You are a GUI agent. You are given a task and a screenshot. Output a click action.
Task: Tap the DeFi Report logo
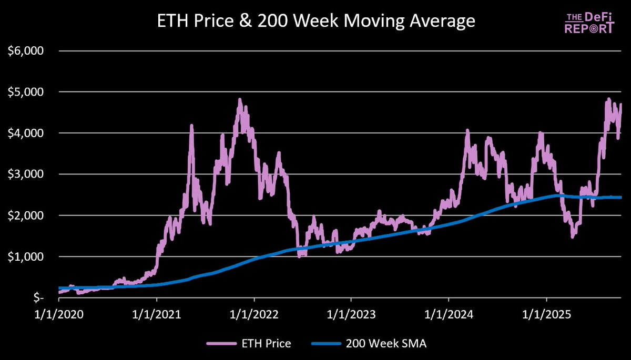click(x=589, y=24)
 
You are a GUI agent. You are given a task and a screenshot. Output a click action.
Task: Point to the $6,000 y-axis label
click(x=26, y=51)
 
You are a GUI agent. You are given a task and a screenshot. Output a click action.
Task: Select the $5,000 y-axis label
click(x=26, y=92)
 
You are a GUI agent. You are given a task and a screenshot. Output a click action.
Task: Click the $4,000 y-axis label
click(x=26, y=133)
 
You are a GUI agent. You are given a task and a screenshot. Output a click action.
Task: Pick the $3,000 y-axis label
click(x=26, y=174)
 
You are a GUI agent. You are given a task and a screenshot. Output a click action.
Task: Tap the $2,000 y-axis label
click(x=26, y=215)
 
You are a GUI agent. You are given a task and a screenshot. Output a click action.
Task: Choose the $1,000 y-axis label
click(x=26, y=256)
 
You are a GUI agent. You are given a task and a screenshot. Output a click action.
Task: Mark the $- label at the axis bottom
click(x=34, y=297)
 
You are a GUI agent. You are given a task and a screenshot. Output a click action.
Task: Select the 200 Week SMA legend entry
click(x=371, y=344)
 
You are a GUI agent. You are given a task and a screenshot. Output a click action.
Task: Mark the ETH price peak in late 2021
click(x=240, y=99)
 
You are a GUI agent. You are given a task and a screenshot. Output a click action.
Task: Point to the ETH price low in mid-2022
click(x=300, y=256)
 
